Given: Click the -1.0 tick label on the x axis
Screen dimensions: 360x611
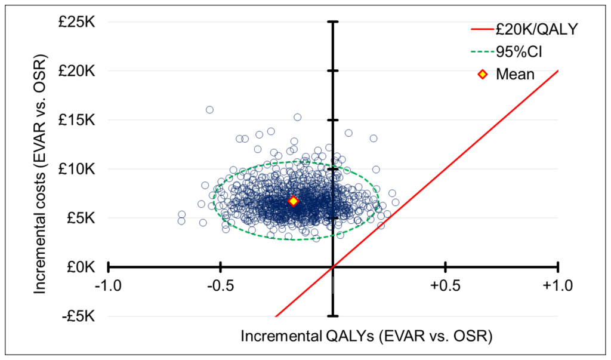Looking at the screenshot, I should pos(108,285).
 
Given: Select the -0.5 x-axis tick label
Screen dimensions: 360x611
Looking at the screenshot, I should pos(221,285).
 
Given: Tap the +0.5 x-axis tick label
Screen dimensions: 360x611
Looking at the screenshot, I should pos(445,285).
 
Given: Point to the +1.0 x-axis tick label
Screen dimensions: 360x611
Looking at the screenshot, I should pos(557,285).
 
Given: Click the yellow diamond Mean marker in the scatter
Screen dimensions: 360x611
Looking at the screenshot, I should pos(293,202).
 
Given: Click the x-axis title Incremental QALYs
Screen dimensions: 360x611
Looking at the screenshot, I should pos(366,336).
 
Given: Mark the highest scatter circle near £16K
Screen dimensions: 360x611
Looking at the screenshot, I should pos(209,110).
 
